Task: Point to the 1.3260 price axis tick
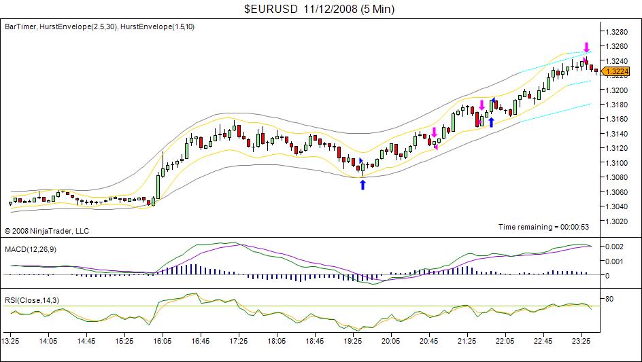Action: [x=615, y=46]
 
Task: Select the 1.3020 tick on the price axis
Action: [x=615, y=221]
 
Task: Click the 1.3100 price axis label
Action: [x=615, y=163]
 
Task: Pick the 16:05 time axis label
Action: [x=163, y=342]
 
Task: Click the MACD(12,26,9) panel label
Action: [x=31, y=250]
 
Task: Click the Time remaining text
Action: [x=534, y=227]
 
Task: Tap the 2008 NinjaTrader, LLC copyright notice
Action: [x=47, y=231]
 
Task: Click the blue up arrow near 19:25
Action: [x=362, y=184]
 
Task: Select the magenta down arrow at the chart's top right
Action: [x=586, y=47]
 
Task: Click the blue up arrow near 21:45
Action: [x=491, y=122]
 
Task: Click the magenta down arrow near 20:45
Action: [x=434, y=132]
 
